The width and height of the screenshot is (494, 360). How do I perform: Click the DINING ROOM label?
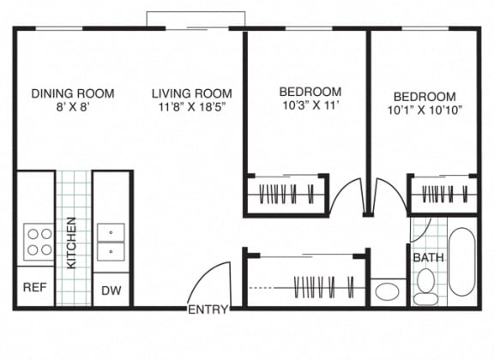point(73,93)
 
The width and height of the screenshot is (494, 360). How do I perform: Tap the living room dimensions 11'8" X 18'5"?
point(192,107)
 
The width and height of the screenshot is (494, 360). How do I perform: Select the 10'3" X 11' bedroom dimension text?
point(310,105)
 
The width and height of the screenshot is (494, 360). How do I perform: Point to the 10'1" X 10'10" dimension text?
point(425,111)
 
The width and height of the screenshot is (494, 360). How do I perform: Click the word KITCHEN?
point(71,243)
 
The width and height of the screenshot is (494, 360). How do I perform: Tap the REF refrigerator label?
point(35,287)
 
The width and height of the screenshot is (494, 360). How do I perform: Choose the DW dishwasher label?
point(111,291)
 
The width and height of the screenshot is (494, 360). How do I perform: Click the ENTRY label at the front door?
point(208,309)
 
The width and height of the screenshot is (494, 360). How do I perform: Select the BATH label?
point(428,258)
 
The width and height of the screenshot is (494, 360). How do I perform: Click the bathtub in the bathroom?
point(462,261)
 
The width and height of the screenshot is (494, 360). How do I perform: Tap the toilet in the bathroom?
point(425,287)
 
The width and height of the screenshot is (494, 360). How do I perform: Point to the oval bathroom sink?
point(387,291)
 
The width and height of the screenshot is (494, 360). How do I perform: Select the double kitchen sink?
point(111,243)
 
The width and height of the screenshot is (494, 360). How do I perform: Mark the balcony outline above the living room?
point(196,12)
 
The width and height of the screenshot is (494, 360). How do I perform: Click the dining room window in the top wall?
point(59,28)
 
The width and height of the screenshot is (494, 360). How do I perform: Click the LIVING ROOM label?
point(192,93)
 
